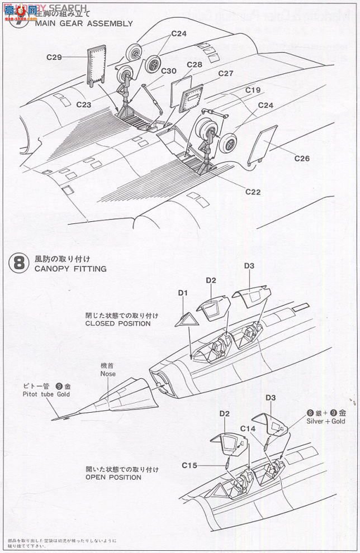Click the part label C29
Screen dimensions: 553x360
(54, 56)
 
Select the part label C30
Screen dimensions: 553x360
(169, 70)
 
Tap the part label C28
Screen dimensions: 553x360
(195, 65)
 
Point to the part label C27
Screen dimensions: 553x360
(225, 73)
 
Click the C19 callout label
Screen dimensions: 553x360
(253, 90)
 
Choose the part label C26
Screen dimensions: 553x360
(301, 159)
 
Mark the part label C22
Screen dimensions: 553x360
(253, 192)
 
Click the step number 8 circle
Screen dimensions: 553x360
(18, 263)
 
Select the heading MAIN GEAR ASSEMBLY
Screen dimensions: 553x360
(84, 23)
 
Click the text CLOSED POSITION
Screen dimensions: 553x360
(118, 323)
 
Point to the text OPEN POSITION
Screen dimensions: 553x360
(113, 478)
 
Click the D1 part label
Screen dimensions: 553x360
(183, 293)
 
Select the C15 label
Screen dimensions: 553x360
(190, 465)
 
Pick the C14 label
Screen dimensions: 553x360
(248, 428)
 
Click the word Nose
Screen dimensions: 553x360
(108, 374)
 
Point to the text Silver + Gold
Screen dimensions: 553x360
(326, 422)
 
